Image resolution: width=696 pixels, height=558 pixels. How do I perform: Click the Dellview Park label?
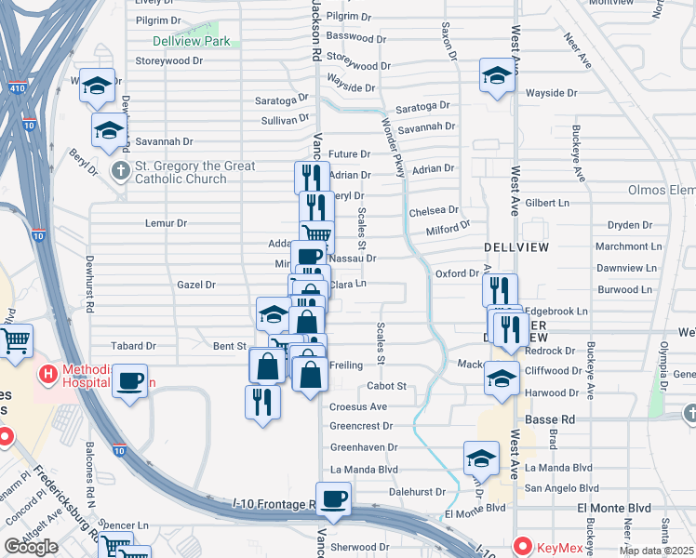[x=191, y=42]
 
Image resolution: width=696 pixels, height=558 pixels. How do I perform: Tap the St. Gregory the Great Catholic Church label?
[x=181, y=173]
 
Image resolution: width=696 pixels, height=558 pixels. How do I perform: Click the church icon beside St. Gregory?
[x=120, y=171]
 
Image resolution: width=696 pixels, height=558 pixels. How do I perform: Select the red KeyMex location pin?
[x=523, y=547]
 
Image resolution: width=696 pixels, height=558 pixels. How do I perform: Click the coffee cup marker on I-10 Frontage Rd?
[x=333, y=498]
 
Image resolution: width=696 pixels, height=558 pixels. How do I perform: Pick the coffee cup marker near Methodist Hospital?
[x=130, y=379]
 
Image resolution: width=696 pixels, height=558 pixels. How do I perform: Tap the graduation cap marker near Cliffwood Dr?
[x=502, y=378]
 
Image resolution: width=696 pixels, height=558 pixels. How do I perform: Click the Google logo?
[x=31, y=547]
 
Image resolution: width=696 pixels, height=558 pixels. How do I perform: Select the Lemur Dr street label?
[x=167, y=223]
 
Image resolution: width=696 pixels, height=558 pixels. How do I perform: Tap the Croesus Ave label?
[x=358, y=406]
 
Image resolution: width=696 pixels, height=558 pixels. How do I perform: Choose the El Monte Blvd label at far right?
[x=614, y=508]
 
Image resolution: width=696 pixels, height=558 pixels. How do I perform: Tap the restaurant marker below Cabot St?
[x=262, y=401]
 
